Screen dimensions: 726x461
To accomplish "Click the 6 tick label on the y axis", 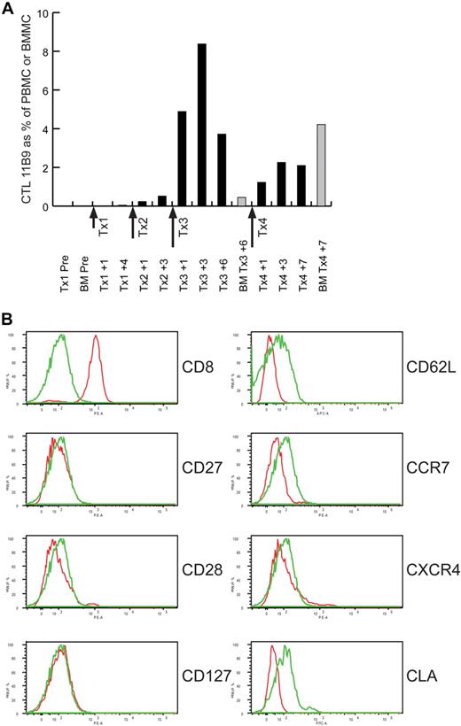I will [43, 91].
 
